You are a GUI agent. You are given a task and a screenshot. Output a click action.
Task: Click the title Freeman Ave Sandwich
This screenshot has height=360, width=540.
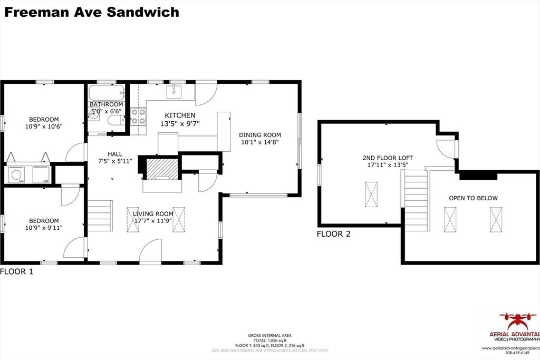click(92, 12)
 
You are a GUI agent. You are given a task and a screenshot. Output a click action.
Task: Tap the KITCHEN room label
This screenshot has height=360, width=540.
click(180, 115)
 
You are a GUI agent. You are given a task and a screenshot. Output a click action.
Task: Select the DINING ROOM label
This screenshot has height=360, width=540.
click(261, 134)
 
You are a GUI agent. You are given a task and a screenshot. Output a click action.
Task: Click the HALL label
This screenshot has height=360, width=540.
click(115, 154)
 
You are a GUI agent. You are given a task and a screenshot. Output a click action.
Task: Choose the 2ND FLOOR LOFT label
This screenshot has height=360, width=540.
click(388, 158)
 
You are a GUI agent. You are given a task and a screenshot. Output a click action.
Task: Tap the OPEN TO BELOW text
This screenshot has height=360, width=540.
click(473, 198)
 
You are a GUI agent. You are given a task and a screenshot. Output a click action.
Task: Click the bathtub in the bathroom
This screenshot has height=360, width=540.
click(107, 94)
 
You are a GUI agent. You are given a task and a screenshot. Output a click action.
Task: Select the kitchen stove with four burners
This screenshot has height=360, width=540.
click(138, 116)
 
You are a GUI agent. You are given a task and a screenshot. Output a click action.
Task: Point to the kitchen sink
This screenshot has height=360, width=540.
click(175, 92)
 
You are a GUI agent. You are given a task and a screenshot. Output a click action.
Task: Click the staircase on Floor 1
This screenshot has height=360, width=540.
click(100, 216)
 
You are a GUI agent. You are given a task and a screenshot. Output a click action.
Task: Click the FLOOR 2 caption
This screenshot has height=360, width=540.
click(333, 234)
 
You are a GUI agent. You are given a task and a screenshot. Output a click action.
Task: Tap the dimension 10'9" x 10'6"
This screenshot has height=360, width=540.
click(44, 127)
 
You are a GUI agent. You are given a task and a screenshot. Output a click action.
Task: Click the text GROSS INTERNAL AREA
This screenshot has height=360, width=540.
click(269, 335)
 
